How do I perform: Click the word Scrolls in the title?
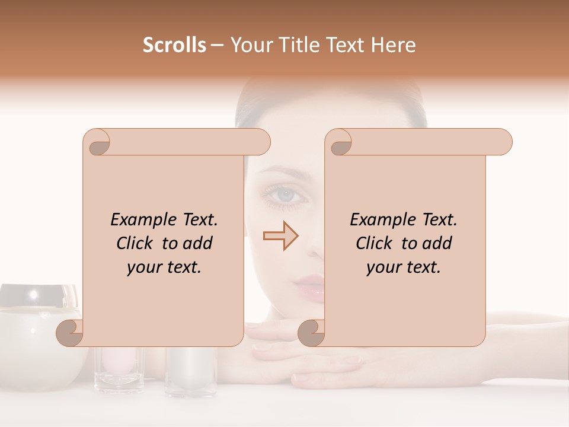pyautogui.click(x=174, y=45)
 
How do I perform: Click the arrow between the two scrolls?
pyautogui.click(x=281, y=236)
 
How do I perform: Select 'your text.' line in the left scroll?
pyautogui.click(x=164, y=267)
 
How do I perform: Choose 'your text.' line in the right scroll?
pyautogui.click(x=404, y=267)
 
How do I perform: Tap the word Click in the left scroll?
pyautogui.click(x=136, y=244)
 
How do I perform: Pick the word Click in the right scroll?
pyautogui.click(x=376, y=244)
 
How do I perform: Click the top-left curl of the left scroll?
pyautogui.click(x=97, y=142)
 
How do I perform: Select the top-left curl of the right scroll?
pyautogui.click(x=339, y=142)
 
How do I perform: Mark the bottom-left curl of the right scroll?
pyautogui.click(x=311, y=333)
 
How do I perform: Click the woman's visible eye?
pyautogui.click(x=285, y=193)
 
